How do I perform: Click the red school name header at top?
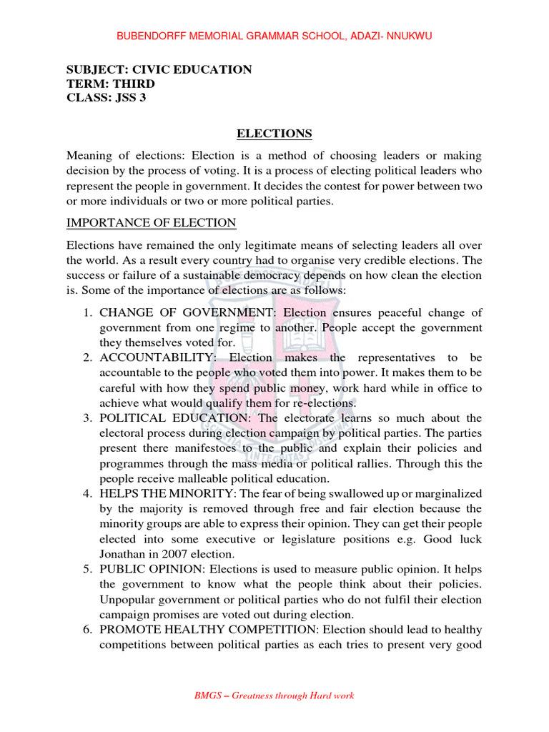coord(274,36)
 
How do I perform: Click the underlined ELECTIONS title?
coord(274,134)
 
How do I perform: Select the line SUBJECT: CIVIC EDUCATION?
coord(159,69)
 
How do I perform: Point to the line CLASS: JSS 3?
coord(106,98)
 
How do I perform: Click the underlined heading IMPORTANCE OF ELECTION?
coord(151,222)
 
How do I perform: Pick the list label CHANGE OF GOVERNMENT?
coord(189,312)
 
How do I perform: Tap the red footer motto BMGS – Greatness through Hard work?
coord(274,695)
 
